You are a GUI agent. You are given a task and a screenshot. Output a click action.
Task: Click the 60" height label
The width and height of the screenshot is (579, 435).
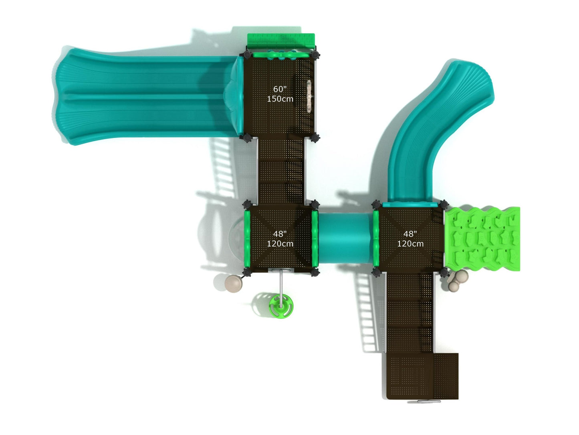tap(280, 89)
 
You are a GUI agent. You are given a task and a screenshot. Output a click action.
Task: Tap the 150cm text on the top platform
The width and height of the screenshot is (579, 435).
tap(280, 99)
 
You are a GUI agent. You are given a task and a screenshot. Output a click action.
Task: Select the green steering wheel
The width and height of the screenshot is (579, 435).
tap(280, 306)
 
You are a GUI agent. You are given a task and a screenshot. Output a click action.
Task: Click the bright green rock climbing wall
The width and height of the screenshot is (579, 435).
tap(482, 239)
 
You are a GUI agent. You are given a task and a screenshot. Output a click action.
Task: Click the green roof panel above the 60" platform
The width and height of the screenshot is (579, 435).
tap(281, 41)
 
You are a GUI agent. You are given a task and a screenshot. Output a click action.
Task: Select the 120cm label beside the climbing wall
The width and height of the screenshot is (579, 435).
tap(410, 244)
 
